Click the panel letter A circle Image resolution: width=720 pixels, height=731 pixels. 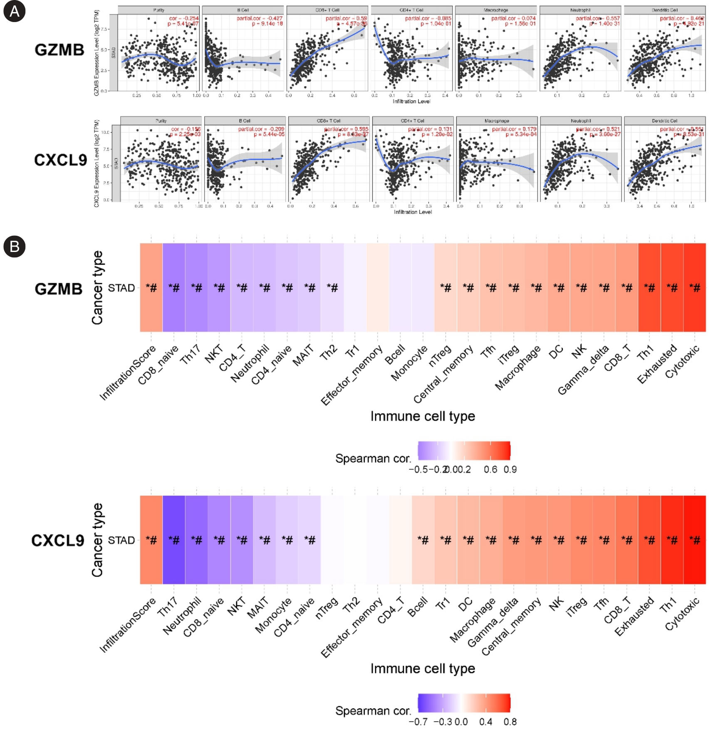point(14,11)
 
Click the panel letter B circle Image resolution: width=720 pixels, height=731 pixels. point(14,247)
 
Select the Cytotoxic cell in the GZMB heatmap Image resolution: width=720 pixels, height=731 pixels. point(694,287)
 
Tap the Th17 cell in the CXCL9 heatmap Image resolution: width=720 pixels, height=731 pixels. point(174,540)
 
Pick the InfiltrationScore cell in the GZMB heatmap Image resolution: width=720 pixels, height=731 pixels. point(151,287)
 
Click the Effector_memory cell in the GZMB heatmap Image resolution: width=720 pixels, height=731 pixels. point(378,287)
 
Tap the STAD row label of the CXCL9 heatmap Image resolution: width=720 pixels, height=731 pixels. point(121,540)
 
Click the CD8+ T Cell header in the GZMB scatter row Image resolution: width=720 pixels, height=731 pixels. point(327,10)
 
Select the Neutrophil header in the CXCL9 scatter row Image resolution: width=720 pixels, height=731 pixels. point(581,121)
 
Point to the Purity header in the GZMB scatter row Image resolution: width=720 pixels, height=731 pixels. point(158,10)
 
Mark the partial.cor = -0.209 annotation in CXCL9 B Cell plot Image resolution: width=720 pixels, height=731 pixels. point(261,129)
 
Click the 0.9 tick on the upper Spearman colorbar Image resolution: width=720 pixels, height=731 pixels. point(510,469)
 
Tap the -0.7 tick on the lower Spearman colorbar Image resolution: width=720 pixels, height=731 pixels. point(418,722)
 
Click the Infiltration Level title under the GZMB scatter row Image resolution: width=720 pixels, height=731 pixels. point(411,101)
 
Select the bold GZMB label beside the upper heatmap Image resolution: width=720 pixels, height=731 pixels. point(59,289)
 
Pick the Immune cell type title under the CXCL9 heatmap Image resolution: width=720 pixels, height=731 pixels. point(423,669)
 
